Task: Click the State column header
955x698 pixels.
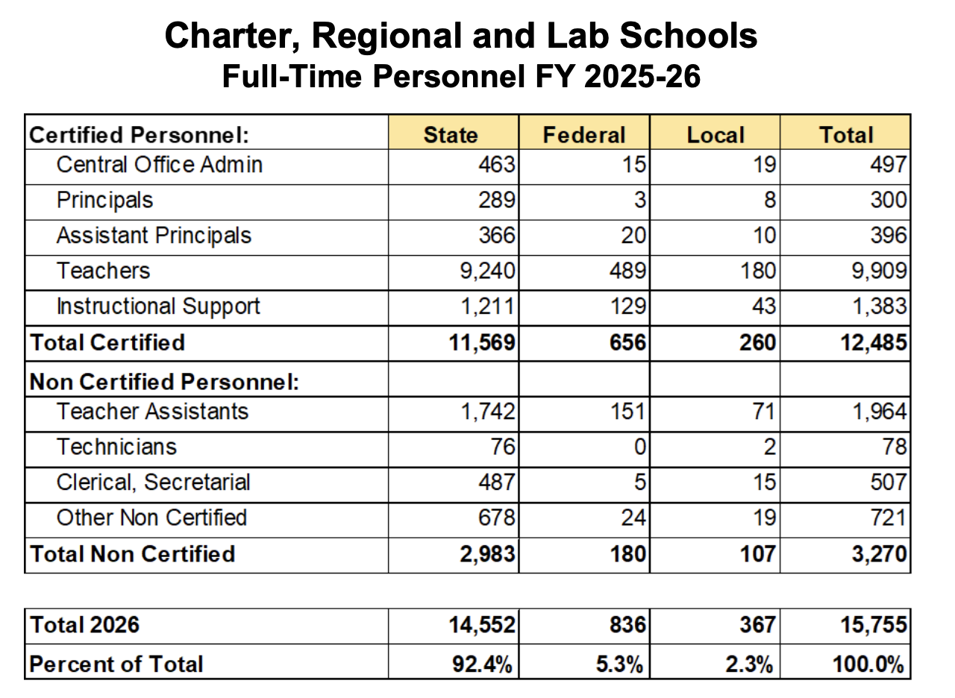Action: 451,134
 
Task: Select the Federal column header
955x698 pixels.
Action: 583,134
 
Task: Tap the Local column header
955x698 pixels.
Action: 716,134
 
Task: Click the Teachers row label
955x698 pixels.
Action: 103,271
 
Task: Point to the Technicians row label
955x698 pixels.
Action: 116,447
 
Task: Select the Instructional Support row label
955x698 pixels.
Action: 158,306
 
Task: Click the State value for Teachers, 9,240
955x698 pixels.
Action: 486,271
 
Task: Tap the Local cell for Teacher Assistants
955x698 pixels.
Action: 764,412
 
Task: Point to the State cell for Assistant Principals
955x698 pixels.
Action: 496,236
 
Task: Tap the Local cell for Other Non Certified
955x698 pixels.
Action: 764,518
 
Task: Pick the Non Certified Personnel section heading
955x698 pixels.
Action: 164,382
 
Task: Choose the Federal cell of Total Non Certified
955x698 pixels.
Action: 628,554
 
